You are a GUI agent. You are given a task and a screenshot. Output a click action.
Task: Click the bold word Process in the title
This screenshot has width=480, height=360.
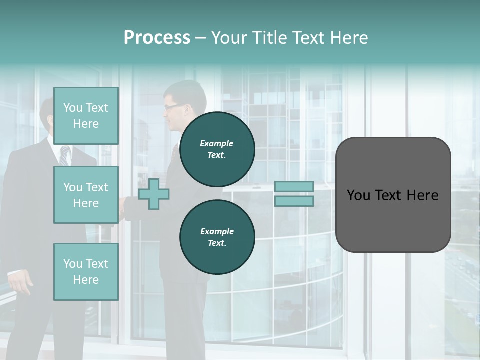click(157, 38)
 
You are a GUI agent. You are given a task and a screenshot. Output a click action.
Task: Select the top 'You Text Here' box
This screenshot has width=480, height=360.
click(86, 116)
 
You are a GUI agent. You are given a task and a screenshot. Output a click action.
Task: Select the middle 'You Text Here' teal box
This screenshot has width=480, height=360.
click(86, 195)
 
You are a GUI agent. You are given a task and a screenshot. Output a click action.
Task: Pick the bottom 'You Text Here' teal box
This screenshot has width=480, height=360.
click(86, 271)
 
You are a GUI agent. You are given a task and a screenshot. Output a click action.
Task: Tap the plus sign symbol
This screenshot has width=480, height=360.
click(154, 194)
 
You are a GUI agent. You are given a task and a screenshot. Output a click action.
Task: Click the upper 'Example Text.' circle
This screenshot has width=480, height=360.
click(217, 149)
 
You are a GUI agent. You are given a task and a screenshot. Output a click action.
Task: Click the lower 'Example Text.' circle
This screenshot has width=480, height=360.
click(217, 237)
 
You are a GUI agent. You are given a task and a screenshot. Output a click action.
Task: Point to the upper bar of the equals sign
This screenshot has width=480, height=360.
click(294, 186)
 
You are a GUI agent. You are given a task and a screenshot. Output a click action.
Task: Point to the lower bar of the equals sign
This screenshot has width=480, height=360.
click(294, 201)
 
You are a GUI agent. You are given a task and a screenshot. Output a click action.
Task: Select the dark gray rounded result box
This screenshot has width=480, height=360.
click(393, 195)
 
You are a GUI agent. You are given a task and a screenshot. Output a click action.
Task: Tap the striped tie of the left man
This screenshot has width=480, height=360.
click(64, 155)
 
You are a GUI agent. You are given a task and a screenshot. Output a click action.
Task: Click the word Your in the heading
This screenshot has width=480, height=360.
click(229, 38)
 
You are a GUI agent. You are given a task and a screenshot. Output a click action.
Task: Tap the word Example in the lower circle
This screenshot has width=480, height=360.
click(217, 231)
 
